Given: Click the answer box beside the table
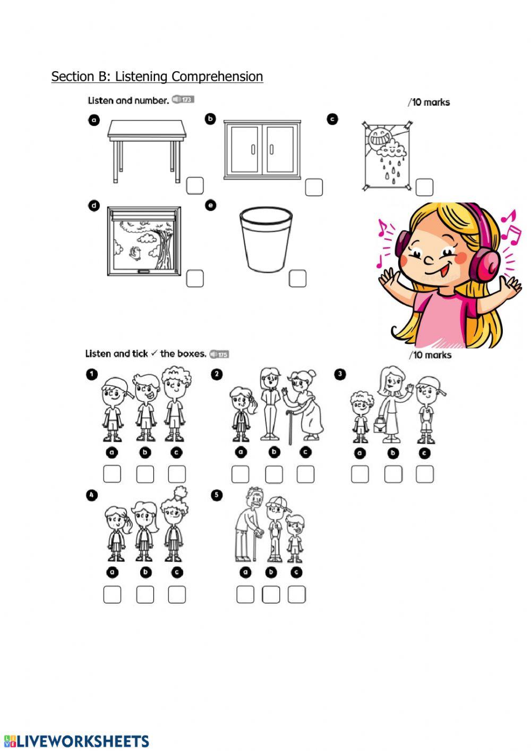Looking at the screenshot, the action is click(x=195, y=185).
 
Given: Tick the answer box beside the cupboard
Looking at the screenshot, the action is click(x=314, y=187).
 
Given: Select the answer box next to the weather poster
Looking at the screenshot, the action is click(x=424, y=187).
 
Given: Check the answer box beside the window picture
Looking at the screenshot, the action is click(x=195, y=279).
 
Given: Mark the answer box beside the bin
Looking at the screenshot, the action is click(x=297, y=279).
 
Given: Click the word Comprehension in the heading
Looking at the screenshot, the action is click(x=217, y=77).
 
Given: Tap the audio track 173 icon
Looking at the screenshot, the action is click(x=183, y=99).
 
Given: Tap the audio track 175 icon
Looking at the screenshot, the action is click(x=219, y=354).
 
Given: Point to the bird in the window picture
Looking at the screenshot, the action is click(x=135, y=253).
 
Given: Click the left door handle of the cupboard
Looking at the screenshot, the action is click(x=253, y=149).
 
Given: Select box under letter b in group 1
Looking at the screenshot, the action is click(x=145, y=474).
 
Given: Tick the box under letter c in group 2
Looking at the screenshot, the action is click(x=305, y=474).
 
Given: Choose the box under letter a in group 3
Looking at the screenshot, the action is click(x=360, y=474).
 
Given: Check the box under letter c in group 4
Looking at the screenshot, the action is click(x=176, y=594).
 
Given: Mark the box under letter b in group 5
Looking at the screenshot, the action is click(x=271, y=594).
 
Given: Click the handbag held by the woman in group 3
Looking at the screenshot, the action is click(x=380, y=425).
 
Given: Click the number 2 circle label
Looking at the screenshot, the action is click(x=217, y=374).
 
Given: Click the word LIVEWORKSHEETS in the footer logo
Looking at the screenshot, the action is click(x=83, y=741).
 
